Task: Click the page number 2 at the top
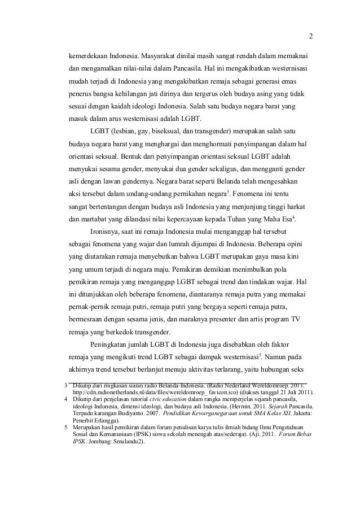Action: [x=310, y=38]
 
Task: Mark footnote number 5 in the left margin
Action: [x=66, y=428]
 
